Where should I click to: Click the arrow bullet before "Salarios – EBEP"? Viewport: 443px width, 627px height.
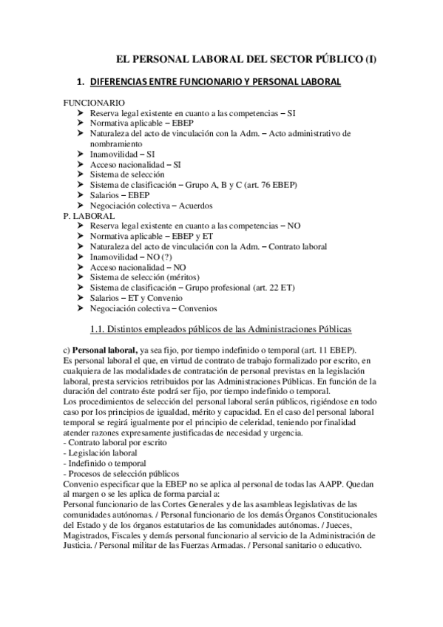coord(81,195)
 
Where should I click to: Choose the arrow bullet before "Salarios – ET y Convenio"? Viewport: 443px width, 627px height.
coord(81,298)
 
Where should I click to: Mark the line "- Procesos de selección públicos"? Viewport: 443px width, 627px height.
coord(121,473)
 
